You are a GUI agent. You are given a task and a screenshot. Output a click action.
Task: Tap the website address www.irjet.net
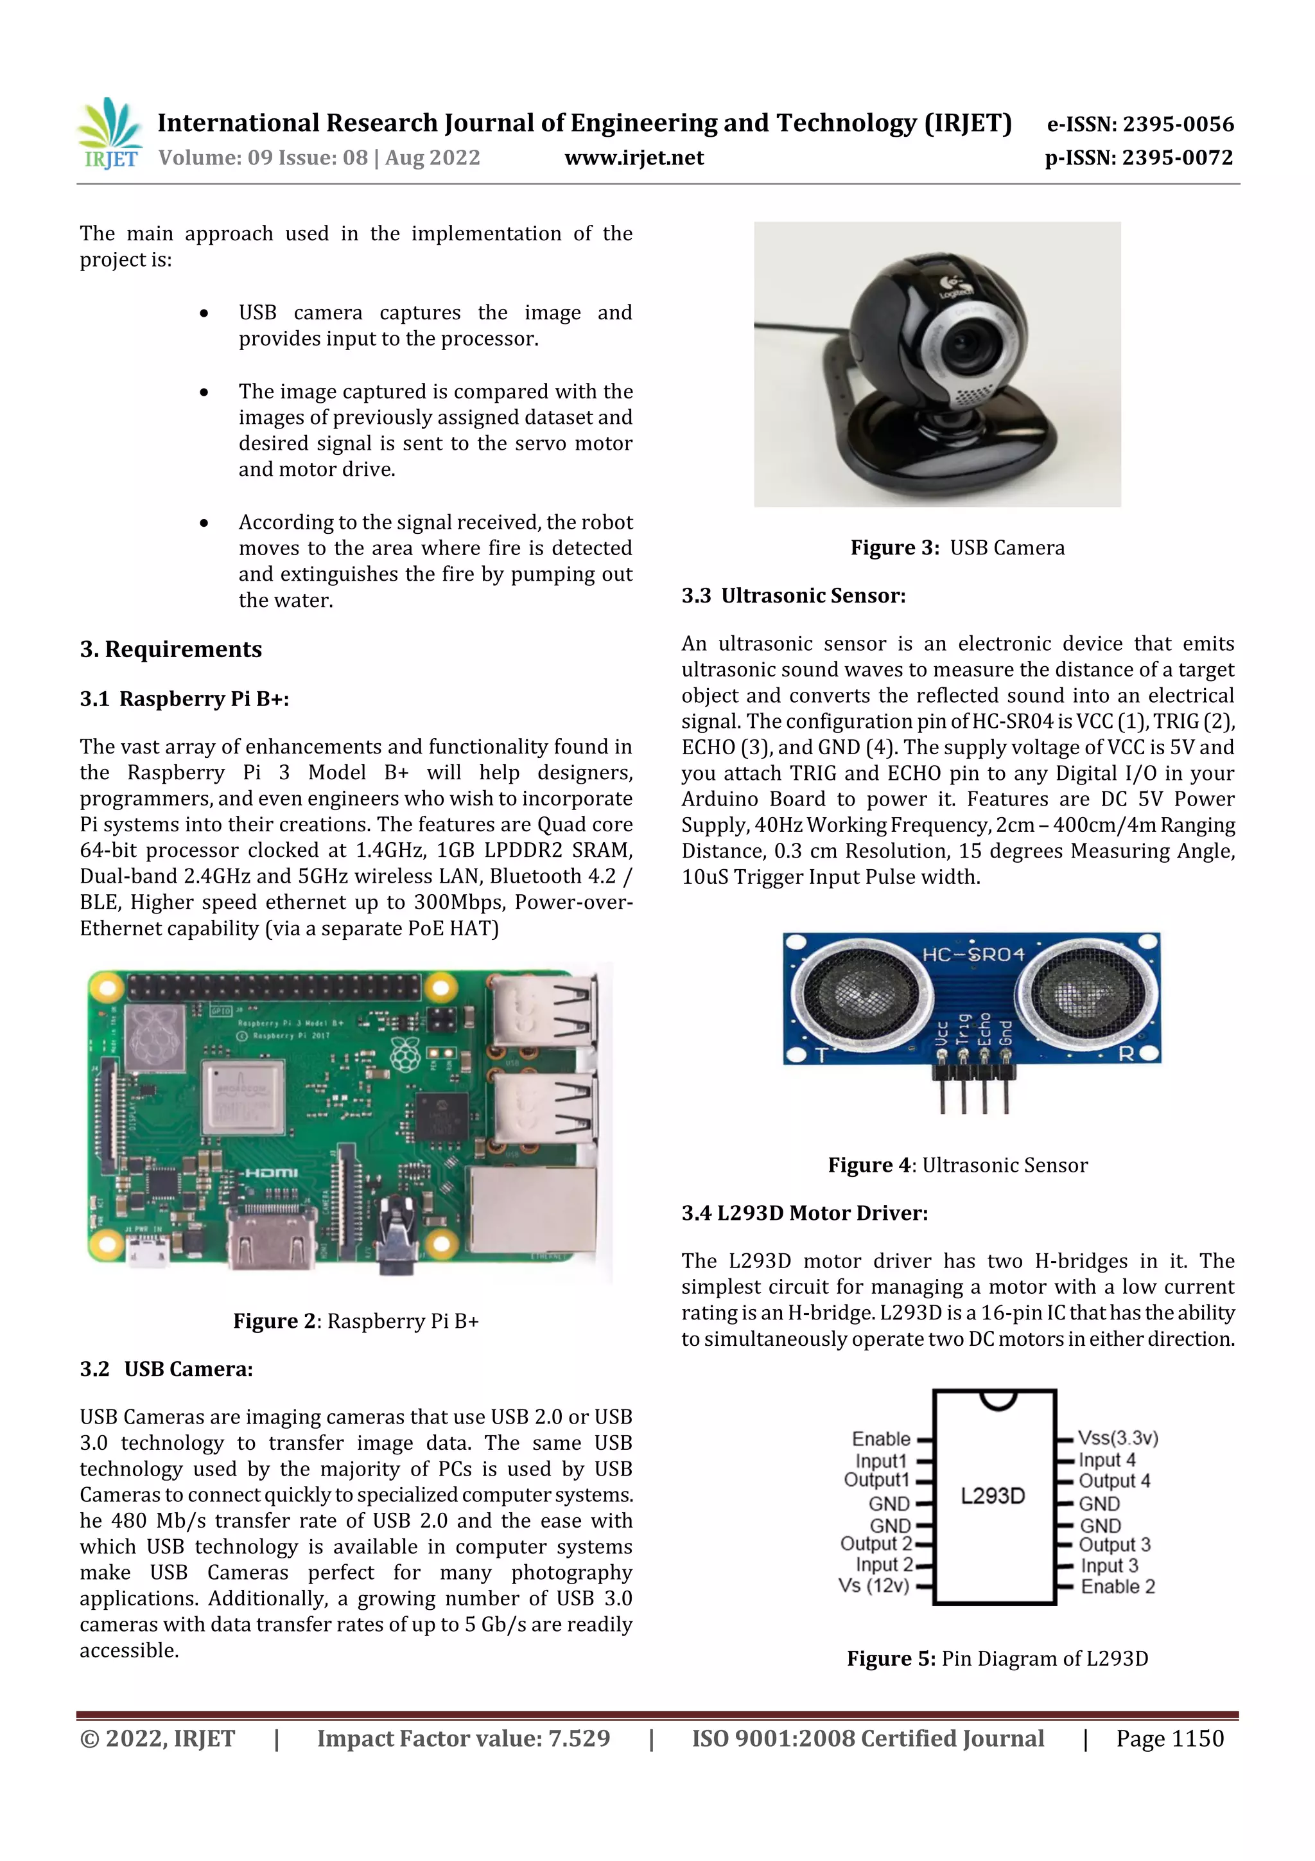click(634, 157)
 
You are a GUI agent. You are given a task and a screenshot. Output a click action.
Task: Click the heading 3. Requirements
click(171, 649)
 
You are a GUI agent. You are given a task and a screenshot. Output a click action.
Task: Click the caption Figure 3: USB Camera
click(957, 548)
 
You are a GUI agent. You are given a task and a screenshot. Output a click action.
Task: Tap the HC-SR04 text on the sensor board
click(973, 954)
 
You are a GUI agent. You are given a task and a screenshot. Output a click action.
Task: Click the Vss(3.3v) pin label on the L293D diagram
click(1118, 1438)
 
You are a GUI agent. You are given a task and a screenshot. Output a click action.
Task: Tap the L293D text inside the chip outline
click(993, 1495)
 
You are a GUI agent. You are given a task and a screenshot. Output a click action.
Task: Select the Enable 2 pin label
click(1117, 1586)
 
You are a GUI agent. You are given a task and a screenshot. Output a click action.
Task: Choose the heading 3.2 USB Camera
click(166, 1369)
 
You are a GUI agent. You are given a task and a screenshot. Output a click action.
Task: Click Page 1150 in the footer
click(1169, 1738)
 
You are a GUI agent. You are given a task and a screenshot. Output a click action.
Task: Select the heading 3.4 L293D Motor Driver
click(804, 1213)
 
